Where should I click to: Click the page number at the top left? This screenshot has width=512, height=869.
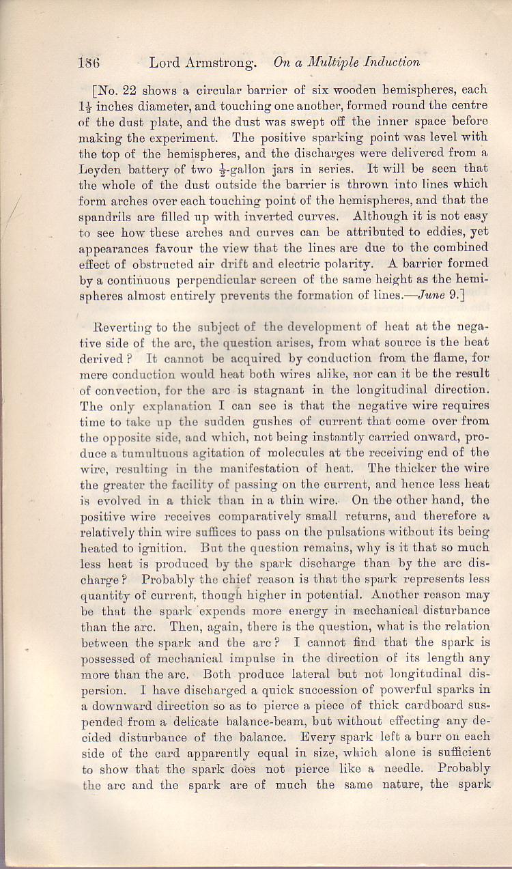coord(89,63)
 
